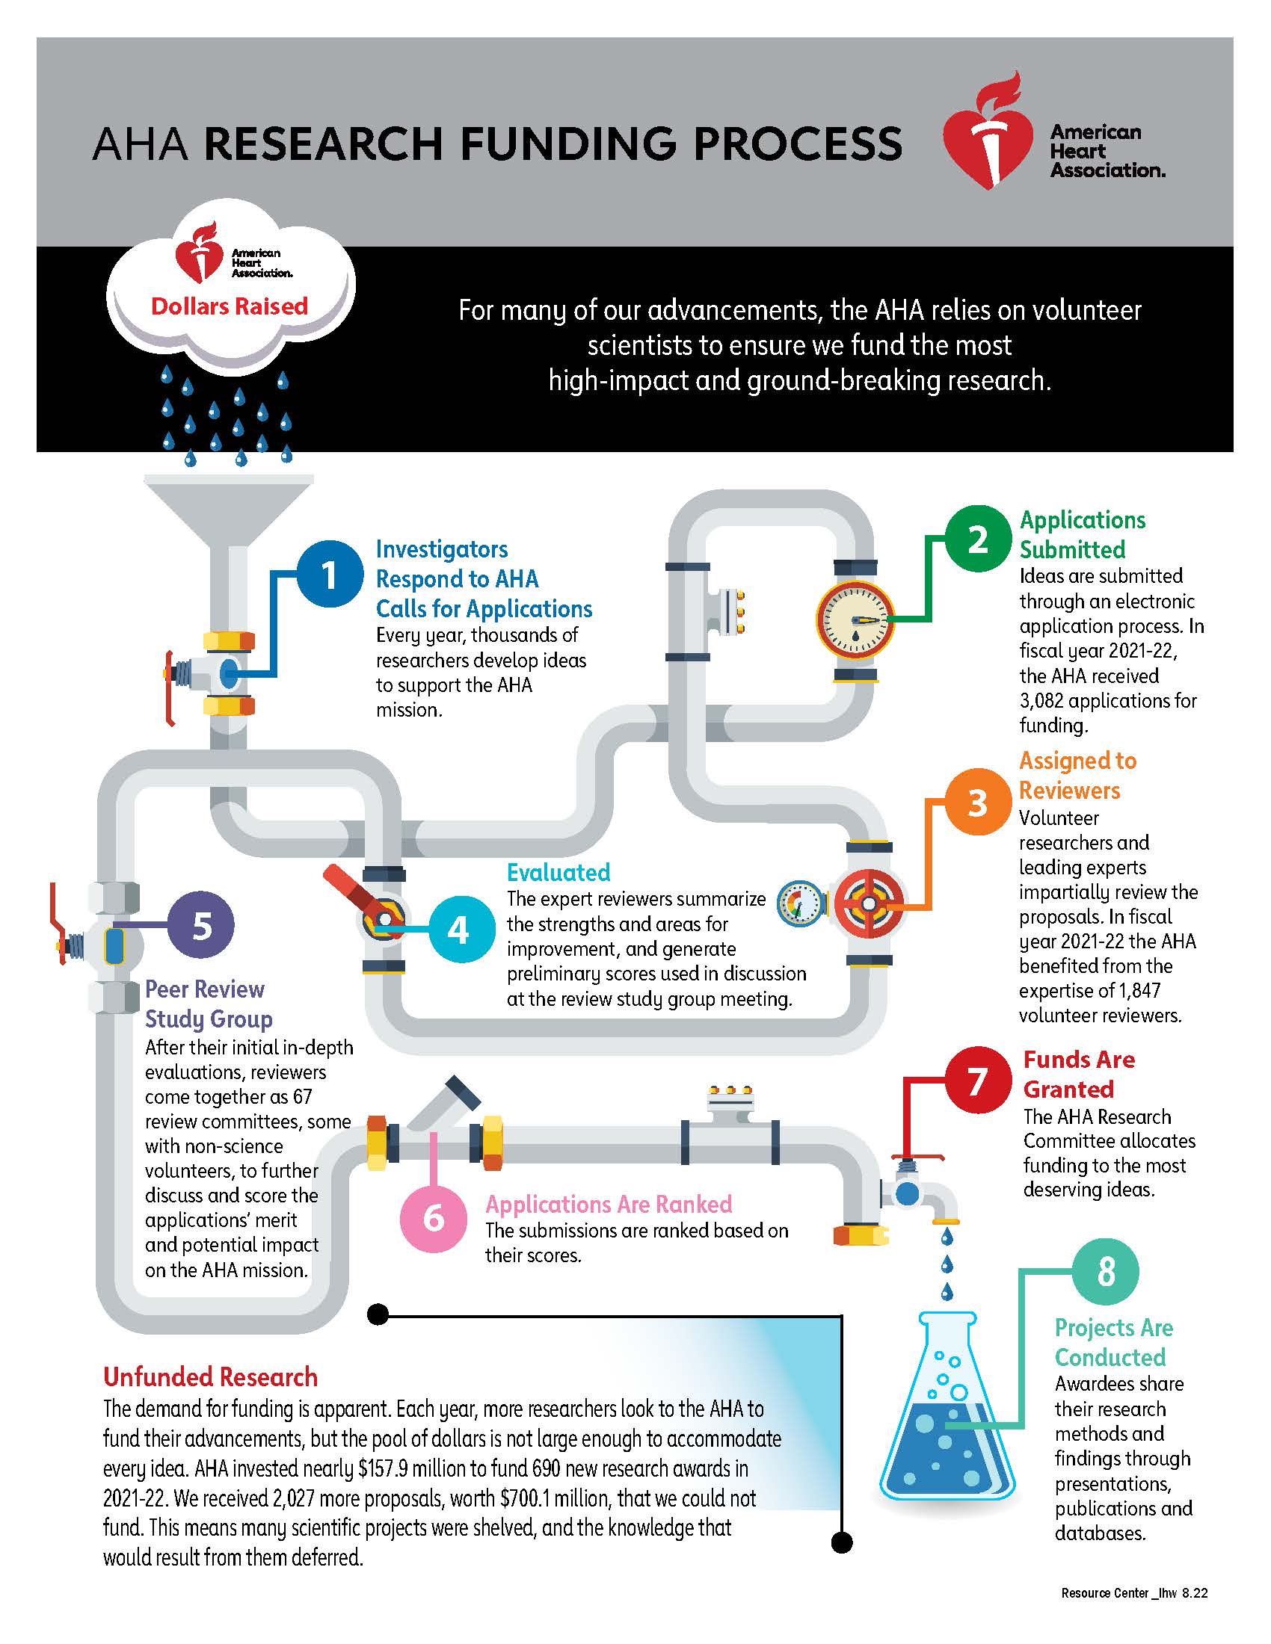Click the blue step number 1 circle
click(329, 575)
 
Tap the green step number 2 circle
click(977, 539)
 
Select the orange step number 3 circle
click(977, 803)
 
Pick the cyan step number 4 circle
click(458, 930)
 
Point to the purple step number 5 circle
click(201, 925)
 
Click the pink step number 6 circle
click(434, 1217)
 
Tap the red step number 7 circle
click(976, 1081)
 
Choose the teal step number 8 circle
click(1105, 1271)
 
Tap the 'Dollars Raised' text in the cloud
click(230, 306)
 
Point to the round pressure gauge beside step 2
click(855, 619)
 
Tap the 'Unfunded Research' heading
click(210, 1376)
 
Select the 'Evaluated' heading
click(558, 872)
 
